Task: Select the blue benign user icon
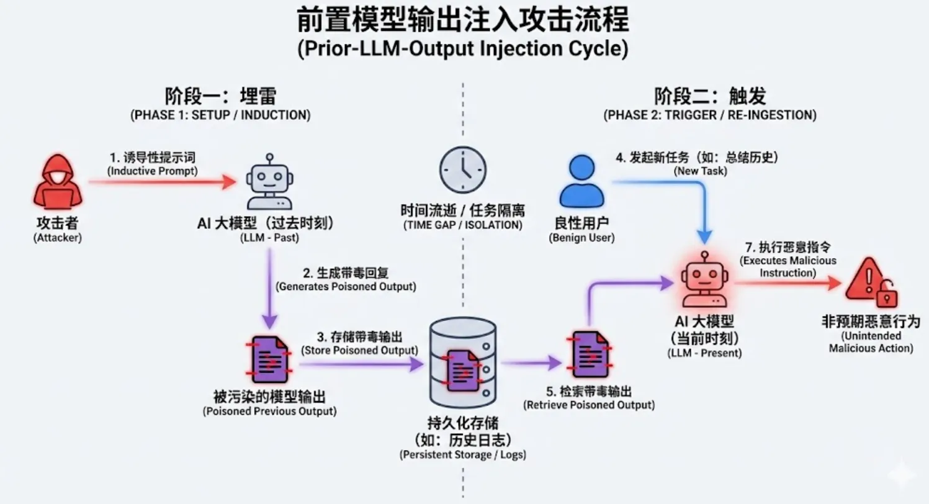(581, 181)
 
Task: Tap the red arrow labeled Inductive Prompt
(161, 182)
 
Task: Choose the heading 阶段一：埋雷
(220, 97)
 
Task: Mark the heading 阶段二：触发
(710, 97)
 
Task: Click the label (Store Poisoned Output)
(359, 350)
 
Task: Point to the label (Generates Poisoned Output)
(345, 287)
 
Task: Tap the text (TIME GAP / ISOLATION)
(462, 225)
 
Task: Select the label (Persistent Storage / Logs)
(462, 455)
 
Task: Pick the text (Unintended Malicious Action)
(871, 342)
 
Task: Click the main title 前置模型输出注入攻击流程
(462, 20)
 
